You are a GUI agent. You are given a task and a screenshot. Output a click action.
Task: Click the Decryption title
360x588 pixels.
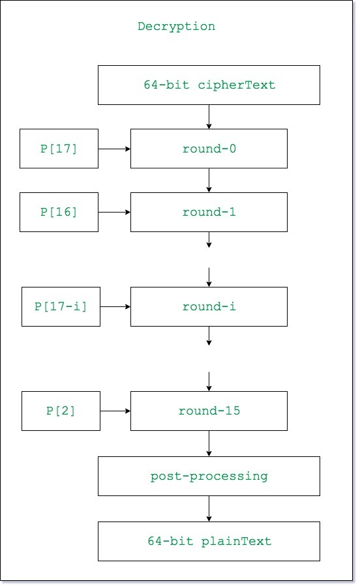click(176, 26)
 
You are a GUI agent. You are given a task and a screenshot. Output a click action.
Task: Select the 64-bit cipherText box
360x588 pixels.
click(209, 85)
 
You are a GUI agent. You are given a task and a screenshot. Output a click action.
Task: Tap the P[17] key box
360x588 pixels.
click(59, 149)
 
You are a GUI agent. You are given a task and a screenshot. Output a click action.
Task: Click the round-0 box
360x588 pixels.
click(209, 149)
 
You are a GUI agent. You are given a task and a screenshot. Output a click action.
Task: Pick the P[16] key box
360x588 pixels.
click(59, 213)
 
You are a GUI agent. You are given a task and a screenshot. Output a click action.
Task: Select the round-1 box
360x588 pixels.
click(209, 213)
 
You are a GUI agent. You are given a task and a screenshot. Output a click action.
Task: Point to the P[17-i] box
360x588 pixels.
click(61, 307)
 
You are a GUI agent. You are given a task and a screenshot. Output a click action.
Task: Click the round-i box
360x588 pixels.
click(209, 307)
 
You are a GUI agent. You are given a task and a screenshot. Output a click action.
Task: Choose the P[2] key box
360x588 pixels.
click(61, 411)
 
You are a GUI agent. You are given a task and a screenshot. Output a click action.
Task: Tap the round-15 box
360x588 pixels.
click(209, 411)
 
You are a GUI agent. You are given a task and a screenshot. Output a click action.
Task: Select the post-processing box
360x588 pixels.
click(209, 477)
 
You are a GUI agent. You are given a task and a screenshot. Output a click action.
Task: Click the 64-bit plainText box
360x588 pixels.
click(209, 542)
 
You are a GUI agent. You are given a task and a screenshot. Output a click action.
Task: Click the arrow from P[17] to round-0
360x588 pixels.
click(114, 149)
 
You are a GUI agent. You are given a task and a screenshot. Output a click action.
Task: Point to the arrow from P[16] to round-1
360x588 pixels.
click(114, 213)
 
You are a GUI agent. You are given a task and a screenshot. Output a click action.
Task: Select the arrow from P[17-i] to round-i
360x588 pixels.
click(115, 307)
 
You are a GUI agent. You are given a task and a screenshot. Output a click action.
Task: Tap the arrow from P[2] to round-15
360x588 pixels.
click(115, 411)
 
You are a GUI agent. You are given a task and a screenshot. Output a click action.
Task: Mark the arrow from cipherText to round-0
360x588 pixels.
click(209, 117)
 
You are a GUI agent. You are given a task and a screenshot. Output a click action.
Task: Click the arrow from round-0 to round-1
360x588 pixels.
click(209, 181)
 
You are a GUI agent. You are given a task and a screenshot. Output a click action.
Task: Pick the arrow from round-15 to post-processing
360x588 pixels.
click(209, 444)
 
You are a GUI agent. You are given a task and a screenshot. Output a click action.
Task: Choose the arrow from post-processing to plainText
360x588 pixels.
click(209, 509)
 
